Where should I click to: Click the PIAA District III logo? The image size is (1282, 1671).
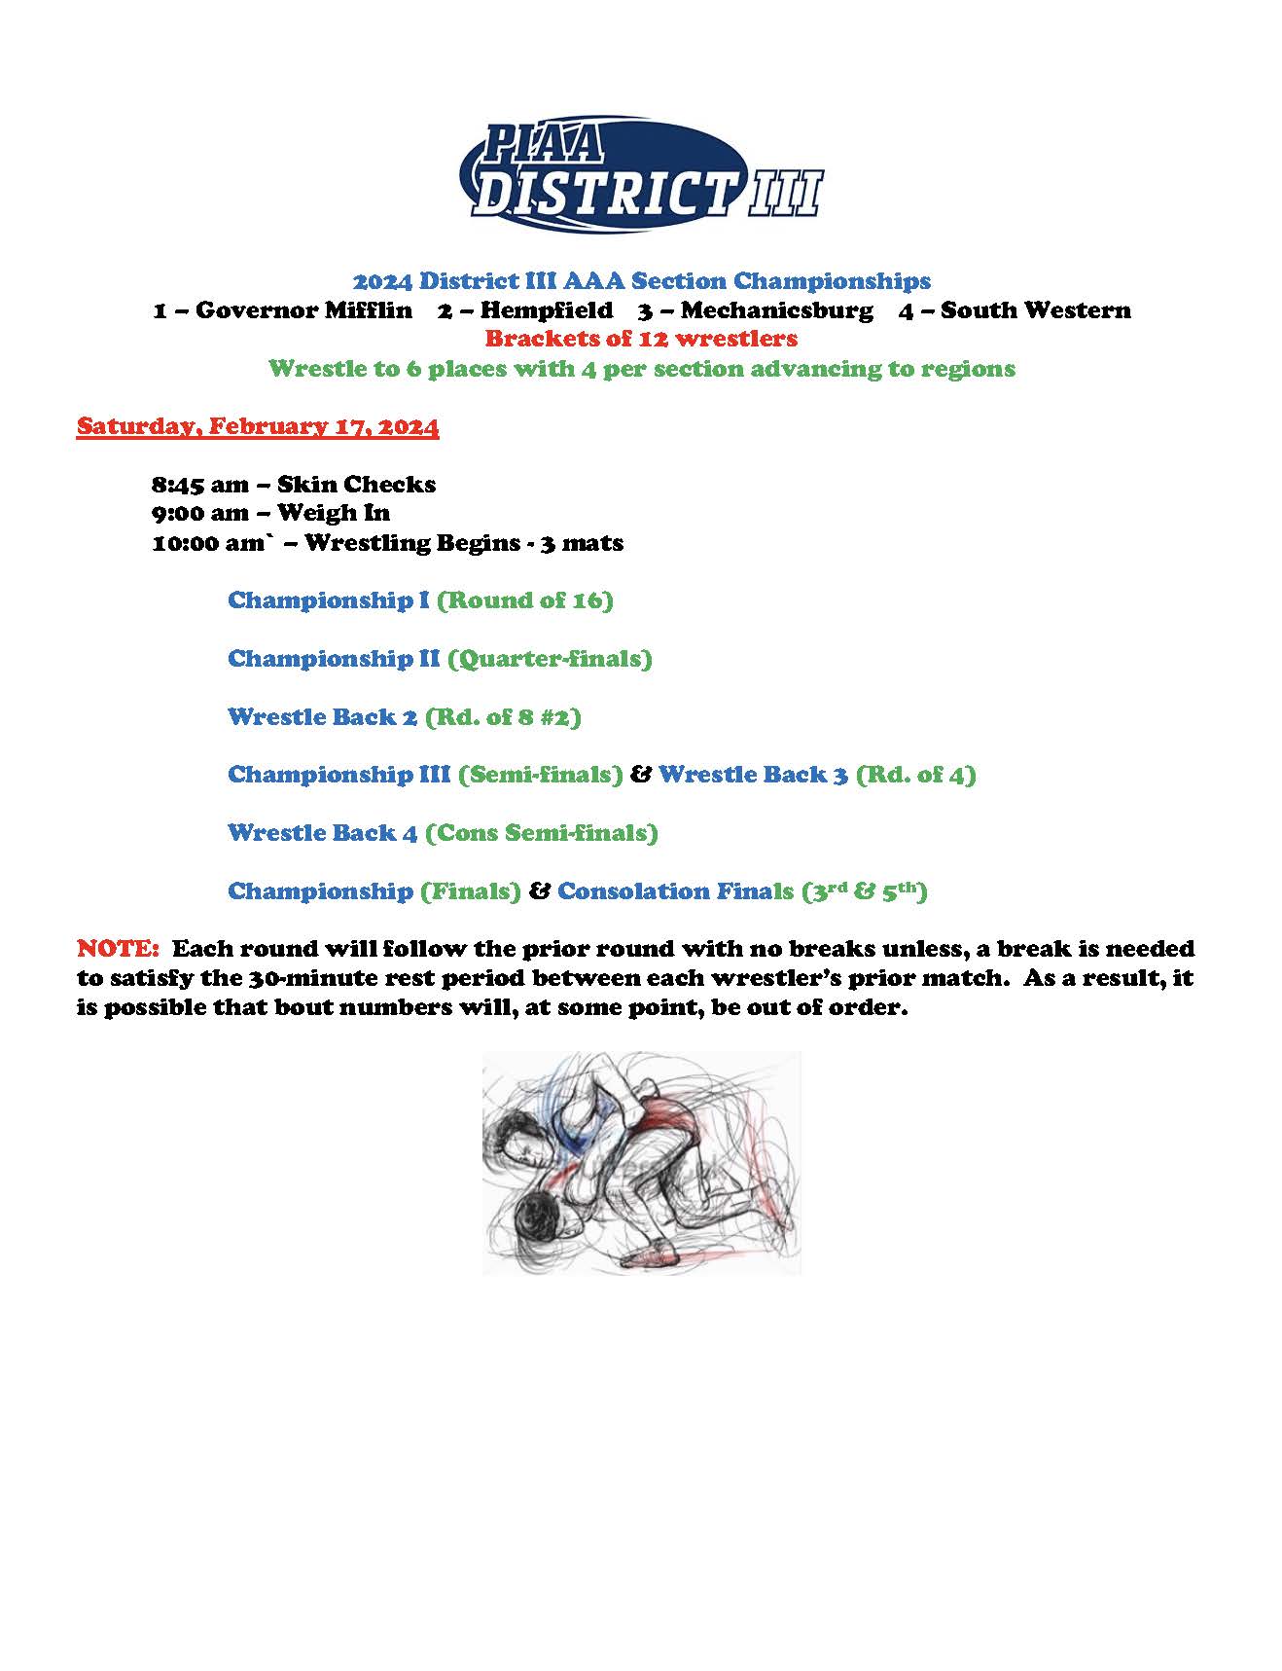[640, 175]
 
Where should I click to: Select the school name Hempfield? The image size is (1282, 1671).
[546, 310]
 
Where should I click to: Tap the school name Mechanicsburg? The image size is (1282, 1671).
[776, 310]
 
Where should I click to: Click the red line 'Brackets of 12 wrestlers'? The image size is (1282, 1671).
[641, 340]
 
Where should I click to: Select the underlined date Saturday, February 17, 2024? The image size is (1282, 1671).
[258, 426]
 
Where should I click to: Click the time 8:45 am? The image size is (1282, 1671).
[199, 485]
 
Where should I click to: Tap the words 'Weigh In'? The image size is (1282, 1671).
[333, 513]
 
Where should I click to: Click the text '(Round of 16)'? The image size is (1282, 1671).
[525, 600]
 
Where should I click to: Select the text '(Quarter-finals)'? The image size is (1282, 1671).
[550, 659]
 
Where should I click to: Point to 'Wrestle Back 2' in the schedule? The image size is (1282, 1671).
[322, 717]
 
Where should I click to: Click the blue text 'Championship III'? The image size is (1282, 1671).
[338, 775]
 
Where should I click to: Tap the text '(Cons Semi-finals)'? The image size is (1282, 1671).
[542, 833]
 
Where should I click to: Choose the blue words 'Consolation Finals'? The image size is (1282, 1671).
[675, 891]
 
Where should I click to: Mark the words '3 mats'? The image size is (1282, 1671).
[582, 543]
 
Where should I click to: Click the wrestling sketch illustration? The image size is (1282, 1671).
[641, 1162]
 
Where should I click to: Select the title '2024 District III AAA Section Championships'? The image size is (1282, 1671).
[641, 281]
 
